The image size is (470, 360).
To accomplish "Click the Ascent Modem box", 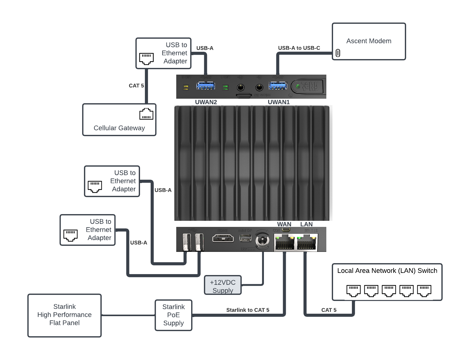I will pos(369,41).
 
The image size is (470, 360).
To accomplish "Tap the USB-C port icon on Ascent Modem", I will pos(338,53).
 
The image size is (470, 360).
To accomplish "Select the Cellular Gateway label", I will pos(119,128).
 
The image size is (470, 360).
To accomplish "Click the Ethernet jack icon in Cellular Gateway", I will pos(146,114).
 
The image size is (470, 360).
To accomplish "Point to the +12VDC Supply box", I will pos(223,285).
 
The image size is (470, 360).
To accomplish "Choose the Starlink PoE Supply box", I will pos(174,315).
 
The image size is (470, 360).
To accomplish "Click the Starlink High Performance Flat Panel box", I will pos(65,315).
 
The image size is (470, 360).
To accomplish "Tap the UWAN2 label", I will pos(206,102).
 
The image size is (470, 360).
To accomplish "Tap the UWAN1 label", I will pos(279,102).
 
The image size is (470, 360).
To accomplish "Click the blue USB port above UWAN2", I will pos(205,86).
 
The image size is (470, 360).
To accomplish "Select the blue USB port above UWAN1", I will pos(278,86).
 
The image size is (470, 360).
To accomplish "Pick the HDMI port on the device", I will pos(223,238).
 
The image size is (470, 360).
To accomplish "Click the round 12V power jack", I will pos(262,241).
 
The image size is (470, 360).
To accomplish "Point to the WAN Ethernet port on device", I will pos(285,243).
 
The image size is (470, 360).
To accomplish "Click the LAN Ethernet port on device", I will pos(306,243).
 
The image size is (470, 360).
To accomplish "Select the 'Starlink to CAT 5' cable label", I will pos(247,310).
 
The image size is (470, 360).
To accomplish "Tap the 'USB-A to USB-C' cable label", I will pos(299,48).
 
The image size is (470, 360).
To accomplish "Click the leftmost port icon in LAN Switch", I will pos(353,291).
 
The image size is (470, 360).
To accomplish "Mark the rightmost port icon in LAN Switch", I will pos(424,291).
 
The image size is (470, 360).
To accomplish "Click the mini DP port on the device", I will pos(245,238).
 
